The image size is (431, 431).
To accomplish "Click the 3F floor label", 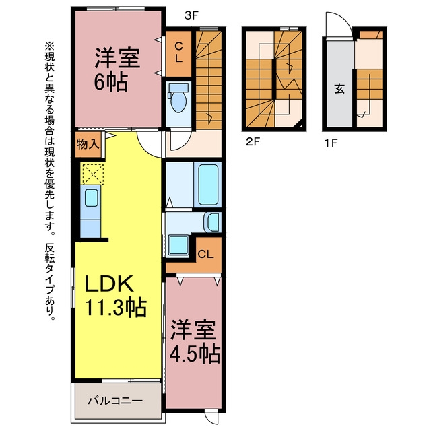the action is (191, 15).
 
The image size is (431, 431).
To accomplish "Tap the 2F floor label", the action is (253, 142).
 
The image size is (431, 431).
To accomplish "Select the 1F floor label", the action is (331, 143).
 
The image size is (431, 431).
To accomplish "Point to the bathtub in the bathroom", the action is (208, 185).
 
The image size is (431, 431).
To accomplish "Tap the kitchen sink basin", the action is (92, 197).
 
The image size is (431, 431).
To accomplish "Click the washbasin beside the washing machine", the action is (213, 222).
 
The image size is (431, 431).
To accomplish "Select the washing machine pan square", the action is (178, 244).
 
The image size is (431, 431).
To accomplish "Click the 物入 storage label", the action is (88, 143).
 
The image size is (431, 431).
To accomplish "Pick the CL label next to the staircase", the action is (178, 53).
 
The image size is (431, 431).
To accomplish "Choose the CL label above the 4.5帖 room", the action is (205, 255).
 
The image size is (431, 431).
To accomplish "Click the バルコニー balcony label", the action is (115, 401).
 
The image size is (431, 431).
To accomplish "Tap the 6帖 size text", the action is (110, 82).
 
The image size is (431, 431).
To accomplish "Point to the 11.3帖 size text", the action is (115, 308).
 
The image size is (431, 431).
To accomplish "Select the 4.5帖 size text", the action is (195, 354).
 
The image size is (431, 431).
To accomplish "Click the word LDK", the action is (109, 284).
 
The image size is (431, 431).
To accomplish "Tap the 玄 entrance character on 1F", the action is (339, 88).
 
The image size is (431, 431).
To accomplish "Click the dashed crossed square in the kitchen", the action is (92, 174).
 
